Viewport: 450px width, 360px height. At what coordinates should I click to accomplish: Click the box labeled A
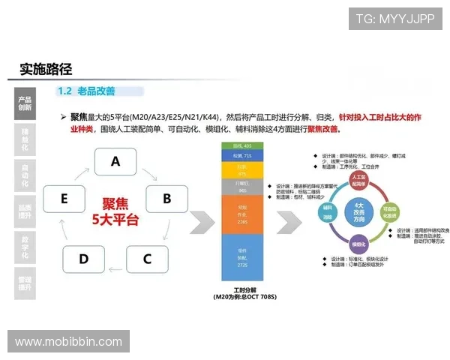pos(115,160)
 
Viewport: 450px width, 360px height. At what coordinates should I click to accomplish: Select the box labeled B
pos(166,199)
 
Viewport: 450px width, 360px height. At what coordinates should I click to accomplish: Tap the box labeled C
pos(147,259)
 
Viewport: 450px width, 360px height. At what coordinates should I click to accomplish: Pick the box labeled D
pos(83,259)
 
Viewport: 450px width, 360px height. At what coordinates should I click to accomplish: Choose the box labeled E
pos(64,199)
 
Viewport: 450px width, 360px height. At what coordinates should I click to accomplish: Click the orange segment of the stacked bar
pos(241,214)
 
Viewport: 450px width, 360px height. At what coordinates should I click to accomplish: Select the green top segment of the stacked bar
pos(241,144)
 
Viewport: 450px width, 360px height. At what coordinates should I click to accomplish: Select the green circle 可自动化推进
pos(389,210)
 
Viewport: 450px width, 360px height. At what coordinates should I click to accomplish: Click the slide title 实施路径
pos(46,69)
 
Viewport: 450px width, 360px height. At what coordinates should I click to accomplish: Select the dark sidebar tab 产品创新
pos(25,103)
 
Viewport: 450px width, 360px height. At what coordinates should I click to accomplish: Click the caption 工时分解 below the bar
pos(241,289)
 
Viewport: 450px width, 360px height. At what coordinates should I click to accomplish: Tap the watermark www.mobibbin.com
pos(68,342)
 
